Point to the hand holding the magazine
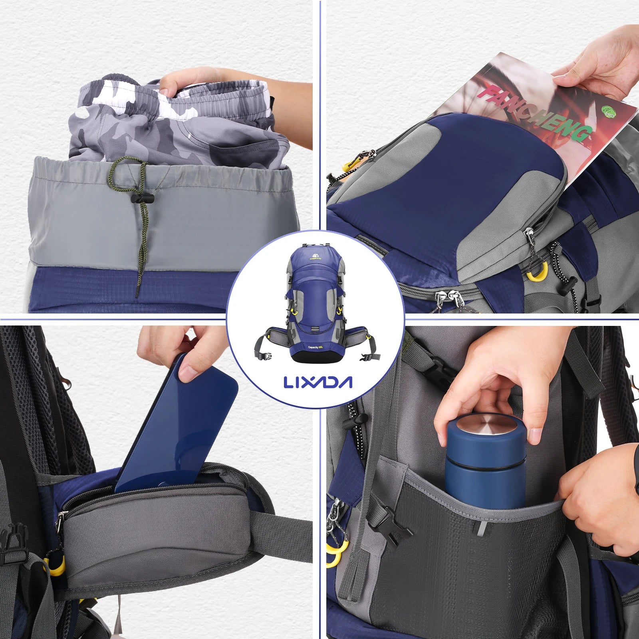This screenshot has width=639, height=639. (599, 68)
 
